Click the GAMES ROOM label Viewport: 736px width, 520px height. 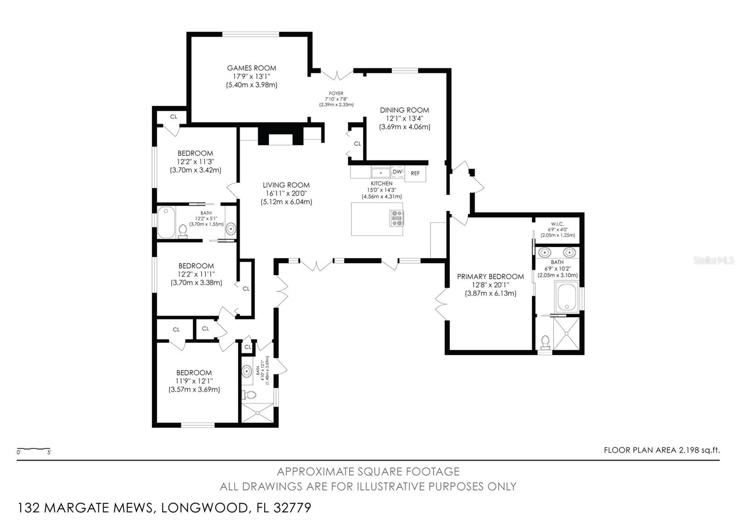(x=251, y=68)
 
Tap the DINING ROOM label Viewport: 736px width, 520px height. (x=404, y=110)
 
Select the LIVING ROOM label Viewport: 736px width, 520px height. (x=286, y=185)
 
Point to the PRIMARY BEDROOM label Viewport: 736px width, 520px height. (x=490, y=277)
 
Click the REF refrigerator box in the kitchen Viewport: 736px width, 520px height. (x=415, y=173)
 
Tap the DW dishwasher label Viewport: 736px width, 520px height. (x=397, y=172)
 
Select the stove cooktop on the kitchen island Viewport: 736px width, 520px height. (x=397, y=218)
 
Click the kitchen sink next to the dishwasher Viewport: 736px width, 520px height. (x=381, y=173)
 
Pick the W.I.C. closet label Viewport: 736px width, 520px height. (x=558, y=224)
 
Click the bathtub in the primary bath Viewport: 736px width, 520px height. (x=567, y=296)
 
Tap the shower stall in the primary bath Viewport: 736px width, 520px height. (x=566, y=333)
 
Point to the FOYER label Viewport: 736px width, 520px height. (x=336, y=93)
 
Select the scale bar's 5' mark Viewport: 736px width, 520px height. (x=49, y=452)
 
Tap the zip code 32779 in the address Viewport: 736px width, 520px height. (x=292, y=508)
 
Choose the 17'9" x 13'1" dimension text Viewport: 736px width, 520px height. (x=251, y=76)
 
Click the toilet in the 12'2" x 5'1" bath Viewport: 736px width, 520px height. (x=183, y=231)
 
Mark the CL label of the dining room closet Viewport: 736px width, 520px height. (x=357, y=144)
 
